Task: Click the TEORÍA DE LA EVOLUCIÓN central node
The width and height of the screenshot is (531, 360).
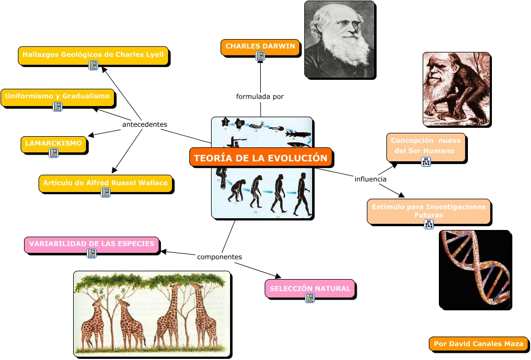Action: point(261,157)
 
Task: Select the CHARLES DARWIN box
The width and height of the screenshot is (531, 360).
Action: point(260,46)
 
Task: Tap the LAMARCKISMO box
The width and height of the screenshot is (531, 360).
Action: point(54,143)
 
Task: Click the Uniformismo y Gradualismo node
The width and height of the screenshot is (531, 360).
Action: point(58,97)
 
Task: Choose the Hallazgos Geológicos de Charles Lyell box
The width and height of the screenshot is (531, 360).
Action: point(93,55)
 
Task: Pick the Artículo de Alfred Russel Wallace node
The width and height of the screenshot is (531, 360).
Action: point(106,183)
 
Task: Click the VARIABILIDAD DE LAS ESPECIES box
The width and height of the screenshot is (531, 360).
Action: point(92,244)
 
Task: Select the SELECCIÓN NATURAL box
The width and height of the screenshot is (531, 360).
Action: point(310,289)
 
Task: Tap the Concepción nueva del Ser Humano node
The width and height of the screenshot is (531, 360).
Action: point(426,146)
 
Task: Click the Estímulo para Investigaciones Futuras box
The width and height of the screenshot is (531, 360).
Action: point(429,210)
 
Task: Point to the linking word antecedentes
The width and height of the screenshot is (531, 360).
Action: point(145,124)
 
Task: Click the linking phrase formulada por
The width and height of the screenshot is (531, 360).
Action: point(260,97)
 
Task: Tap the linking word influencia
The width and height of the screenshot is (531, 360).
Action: point(370,179)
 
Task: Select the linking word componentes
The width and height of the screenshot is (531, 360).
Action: point(219,257)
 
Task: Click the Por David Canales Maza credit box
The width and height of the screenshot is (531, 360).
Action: point(479,344)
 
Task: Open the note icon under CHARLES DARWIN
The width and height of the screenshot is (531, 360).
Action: point(260,56)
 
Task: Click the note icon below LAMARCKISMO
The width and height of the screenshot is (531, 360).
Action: point(54,153)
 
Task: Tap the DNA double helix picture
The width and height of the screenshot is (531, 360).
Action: point(475,270)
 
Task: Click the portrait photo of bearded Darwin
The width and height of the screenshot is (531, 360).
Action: point(339,39)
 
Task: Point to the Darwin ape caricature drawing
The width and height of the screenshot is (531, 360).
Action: point(456,89)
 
